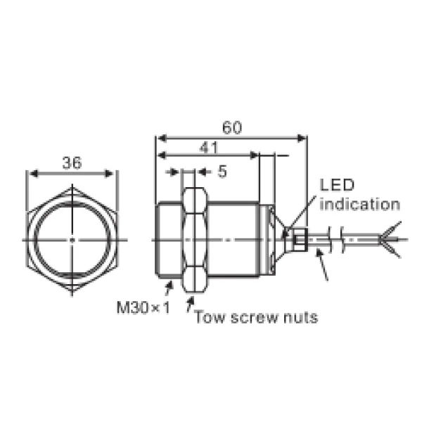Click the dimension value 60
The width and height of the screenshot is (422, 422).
tap(231, 127)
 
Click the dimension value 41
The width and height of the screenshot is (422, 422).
tap(208, 147)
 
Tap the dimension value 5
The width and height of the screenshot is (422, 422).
tap(222, 171)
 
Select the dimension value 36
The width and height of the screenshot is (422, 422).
tap(71, 163)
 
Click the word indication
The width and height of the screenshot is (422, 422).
tap(359, 205)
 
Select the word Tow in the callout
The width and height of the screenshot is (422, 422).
tap(208, 318)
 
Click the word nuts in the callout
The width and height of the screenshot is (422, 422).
tap(300, 318)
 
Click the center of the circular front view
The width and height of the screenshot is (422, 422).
tap(72, 240)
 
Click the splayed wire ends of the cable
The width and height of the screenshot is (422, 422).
tap(390, 240)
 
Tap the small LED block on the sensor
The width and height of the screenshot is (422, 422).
tap(298, 239)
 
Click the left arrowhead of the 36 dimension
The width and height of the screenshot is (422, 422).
tap(30, 174)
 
